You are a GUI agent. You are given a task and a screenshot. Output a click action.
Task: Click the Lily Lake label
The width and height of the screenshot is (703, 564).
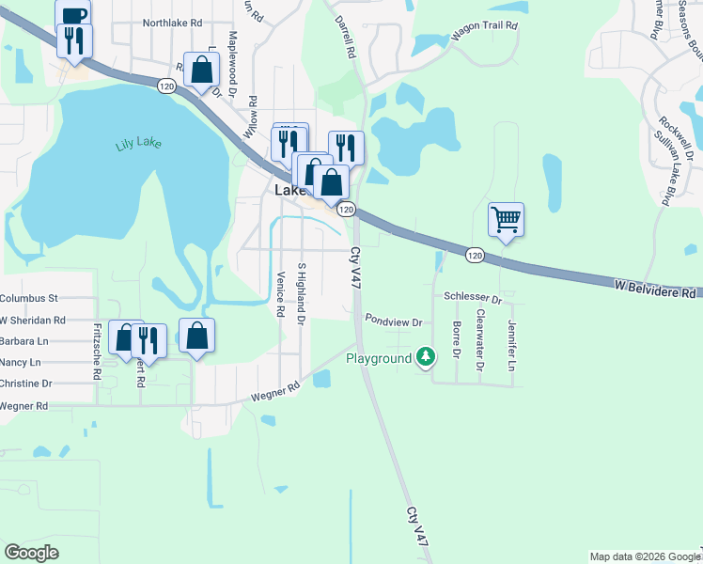[138, 144]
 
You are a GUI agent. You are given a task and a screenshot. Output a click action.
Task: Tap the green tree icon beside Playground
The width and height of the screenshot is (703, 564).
[426, 357]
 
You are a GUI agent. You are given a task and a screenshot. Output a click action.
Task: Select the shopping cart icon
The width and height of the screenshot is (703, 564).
[506, 219]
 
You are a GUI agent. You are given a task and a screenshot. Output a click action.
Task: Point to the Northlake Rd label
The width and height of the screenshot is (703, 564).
[172, 22]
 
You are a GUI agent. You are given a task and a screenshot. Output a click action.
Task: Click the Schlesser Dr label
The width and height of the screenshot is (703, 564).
[473, 297]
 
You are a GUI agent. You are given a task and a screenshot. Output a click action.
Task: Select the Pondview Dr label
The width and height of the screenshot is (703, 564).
[396, 321]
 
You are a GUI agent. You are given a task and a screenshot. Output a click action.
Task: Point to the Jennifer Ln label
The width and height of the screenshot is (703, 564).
[512, 338]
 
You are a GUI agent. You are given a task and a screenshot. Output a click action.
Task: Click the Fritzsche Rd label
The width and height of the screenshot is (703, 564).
[97, 352]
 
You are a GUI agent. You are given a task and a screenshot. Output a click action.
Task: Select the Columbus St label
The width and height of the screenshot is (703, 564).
[29, 298]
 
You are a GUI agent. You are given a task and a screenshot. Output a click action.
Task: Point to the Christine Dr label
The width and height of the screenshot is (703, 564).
[26, 384]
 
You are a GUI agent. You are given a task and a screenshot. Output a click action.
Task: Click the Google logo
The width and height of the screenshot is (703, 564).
[31, 552]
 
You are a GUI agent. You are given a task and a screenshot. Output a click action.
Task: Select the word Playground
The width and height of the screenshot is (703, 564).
[379, 358]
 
